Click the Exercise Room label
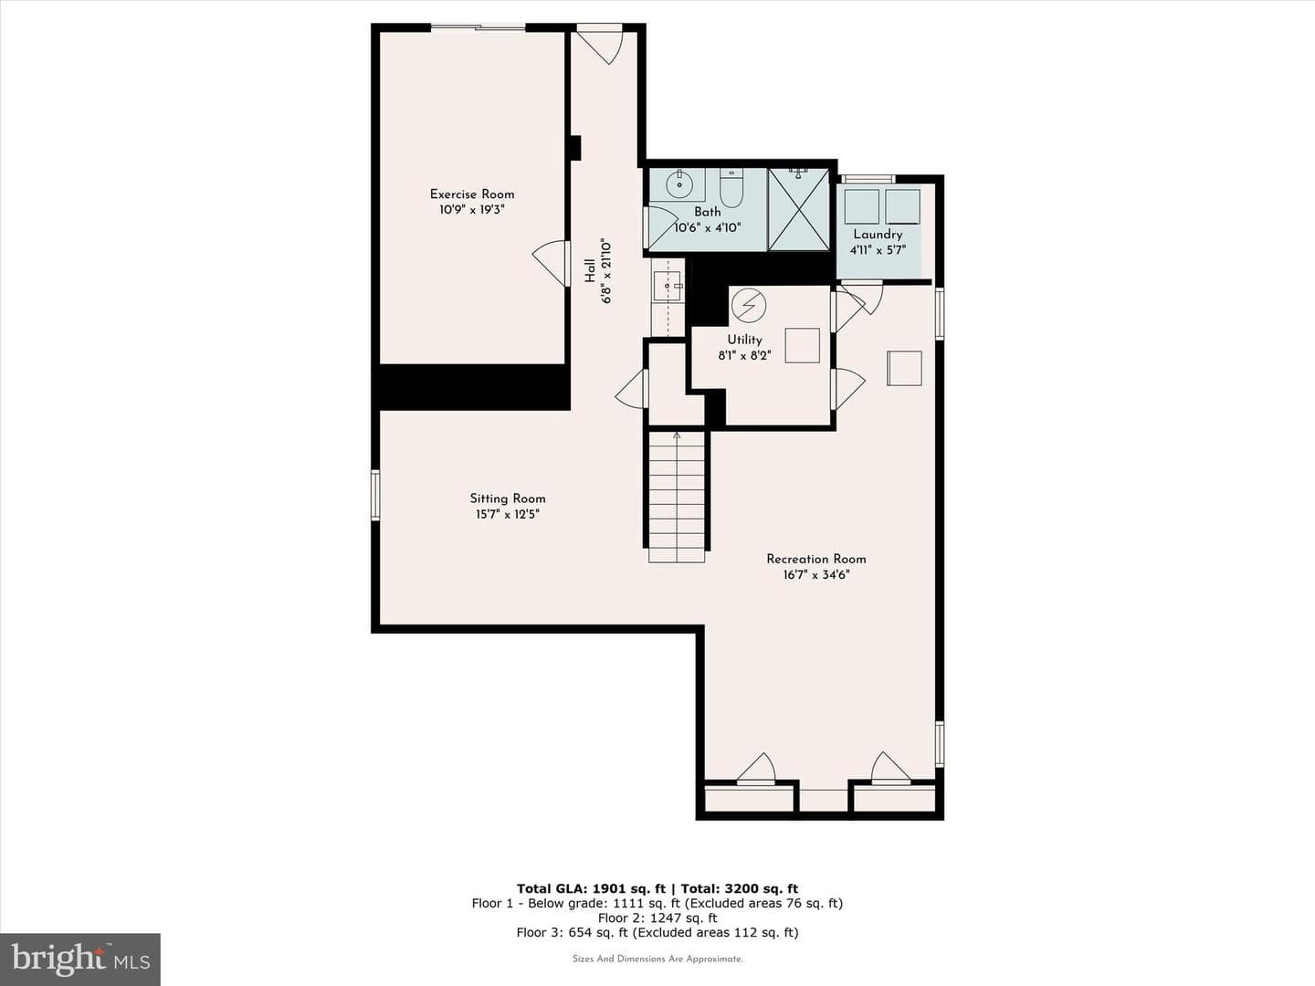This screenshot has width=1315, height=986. click(472, 194)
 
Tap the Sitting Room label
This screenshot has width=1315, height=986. click(508, 498)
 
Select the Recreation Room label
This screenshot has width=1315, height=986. click(816, 559)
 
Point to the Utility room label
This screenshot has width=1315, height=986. click(744, 340)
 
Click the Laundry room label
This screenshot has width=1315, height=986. click(878, 234)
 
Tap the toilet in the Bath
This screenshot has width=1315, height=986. click(731, 187)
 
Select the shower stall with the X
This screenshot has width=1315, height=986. click(798, 209)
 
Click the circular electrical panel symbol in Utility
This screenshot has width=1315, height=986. click(748, 305)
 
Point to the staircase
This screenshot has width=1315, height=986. click(677, 497)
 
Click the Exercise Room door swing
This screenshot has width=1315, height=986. click(550, 263)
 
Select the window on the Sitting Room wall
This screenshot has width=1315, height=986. click(375, 494)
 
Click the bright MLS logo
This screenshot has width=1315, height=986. click(79, 959)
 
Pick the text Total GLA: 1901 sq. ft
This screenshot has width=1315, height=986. click(591, 888)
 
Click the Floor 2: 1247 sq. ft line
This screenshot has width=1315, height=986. click(657, 918)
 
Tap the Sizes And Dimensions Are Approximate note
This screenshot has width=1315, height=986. click(657, 959)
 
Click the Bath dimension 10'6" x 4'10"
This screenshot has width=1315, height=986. click(708, 227)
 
